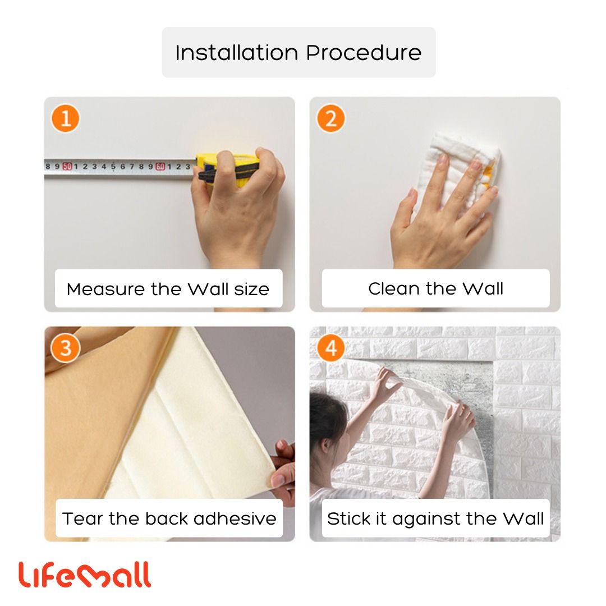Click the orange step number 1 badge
coord(65,118)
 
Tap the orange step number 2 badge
coord(331,118)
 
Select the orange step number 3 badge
coord(65,348)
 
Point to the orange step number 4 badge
coord(331,348)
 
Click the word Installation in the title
coord(237,53)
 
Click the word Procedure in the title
coord(364,53)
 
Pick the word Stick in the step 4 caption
coord(348,518)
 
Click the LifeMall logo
coord(84,575)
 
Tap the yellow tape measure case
coord(228,169)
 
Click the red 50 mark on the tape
coord(67,167)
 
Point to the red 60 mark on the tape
coord(160,167)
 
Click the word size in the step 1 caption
coord(251,289)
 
